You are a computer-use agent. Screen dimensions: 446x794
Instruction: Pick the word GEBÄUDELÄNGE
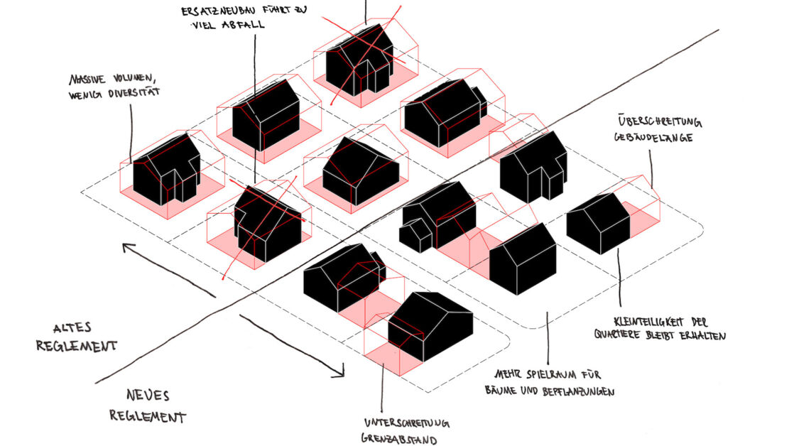click(653, 137)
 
